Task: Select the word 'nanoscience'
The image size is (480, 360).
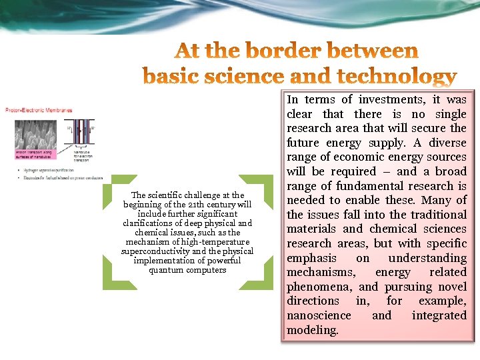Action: [319, 315]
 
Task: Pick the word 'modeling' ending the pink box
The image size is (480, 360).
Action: [312, 330]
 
